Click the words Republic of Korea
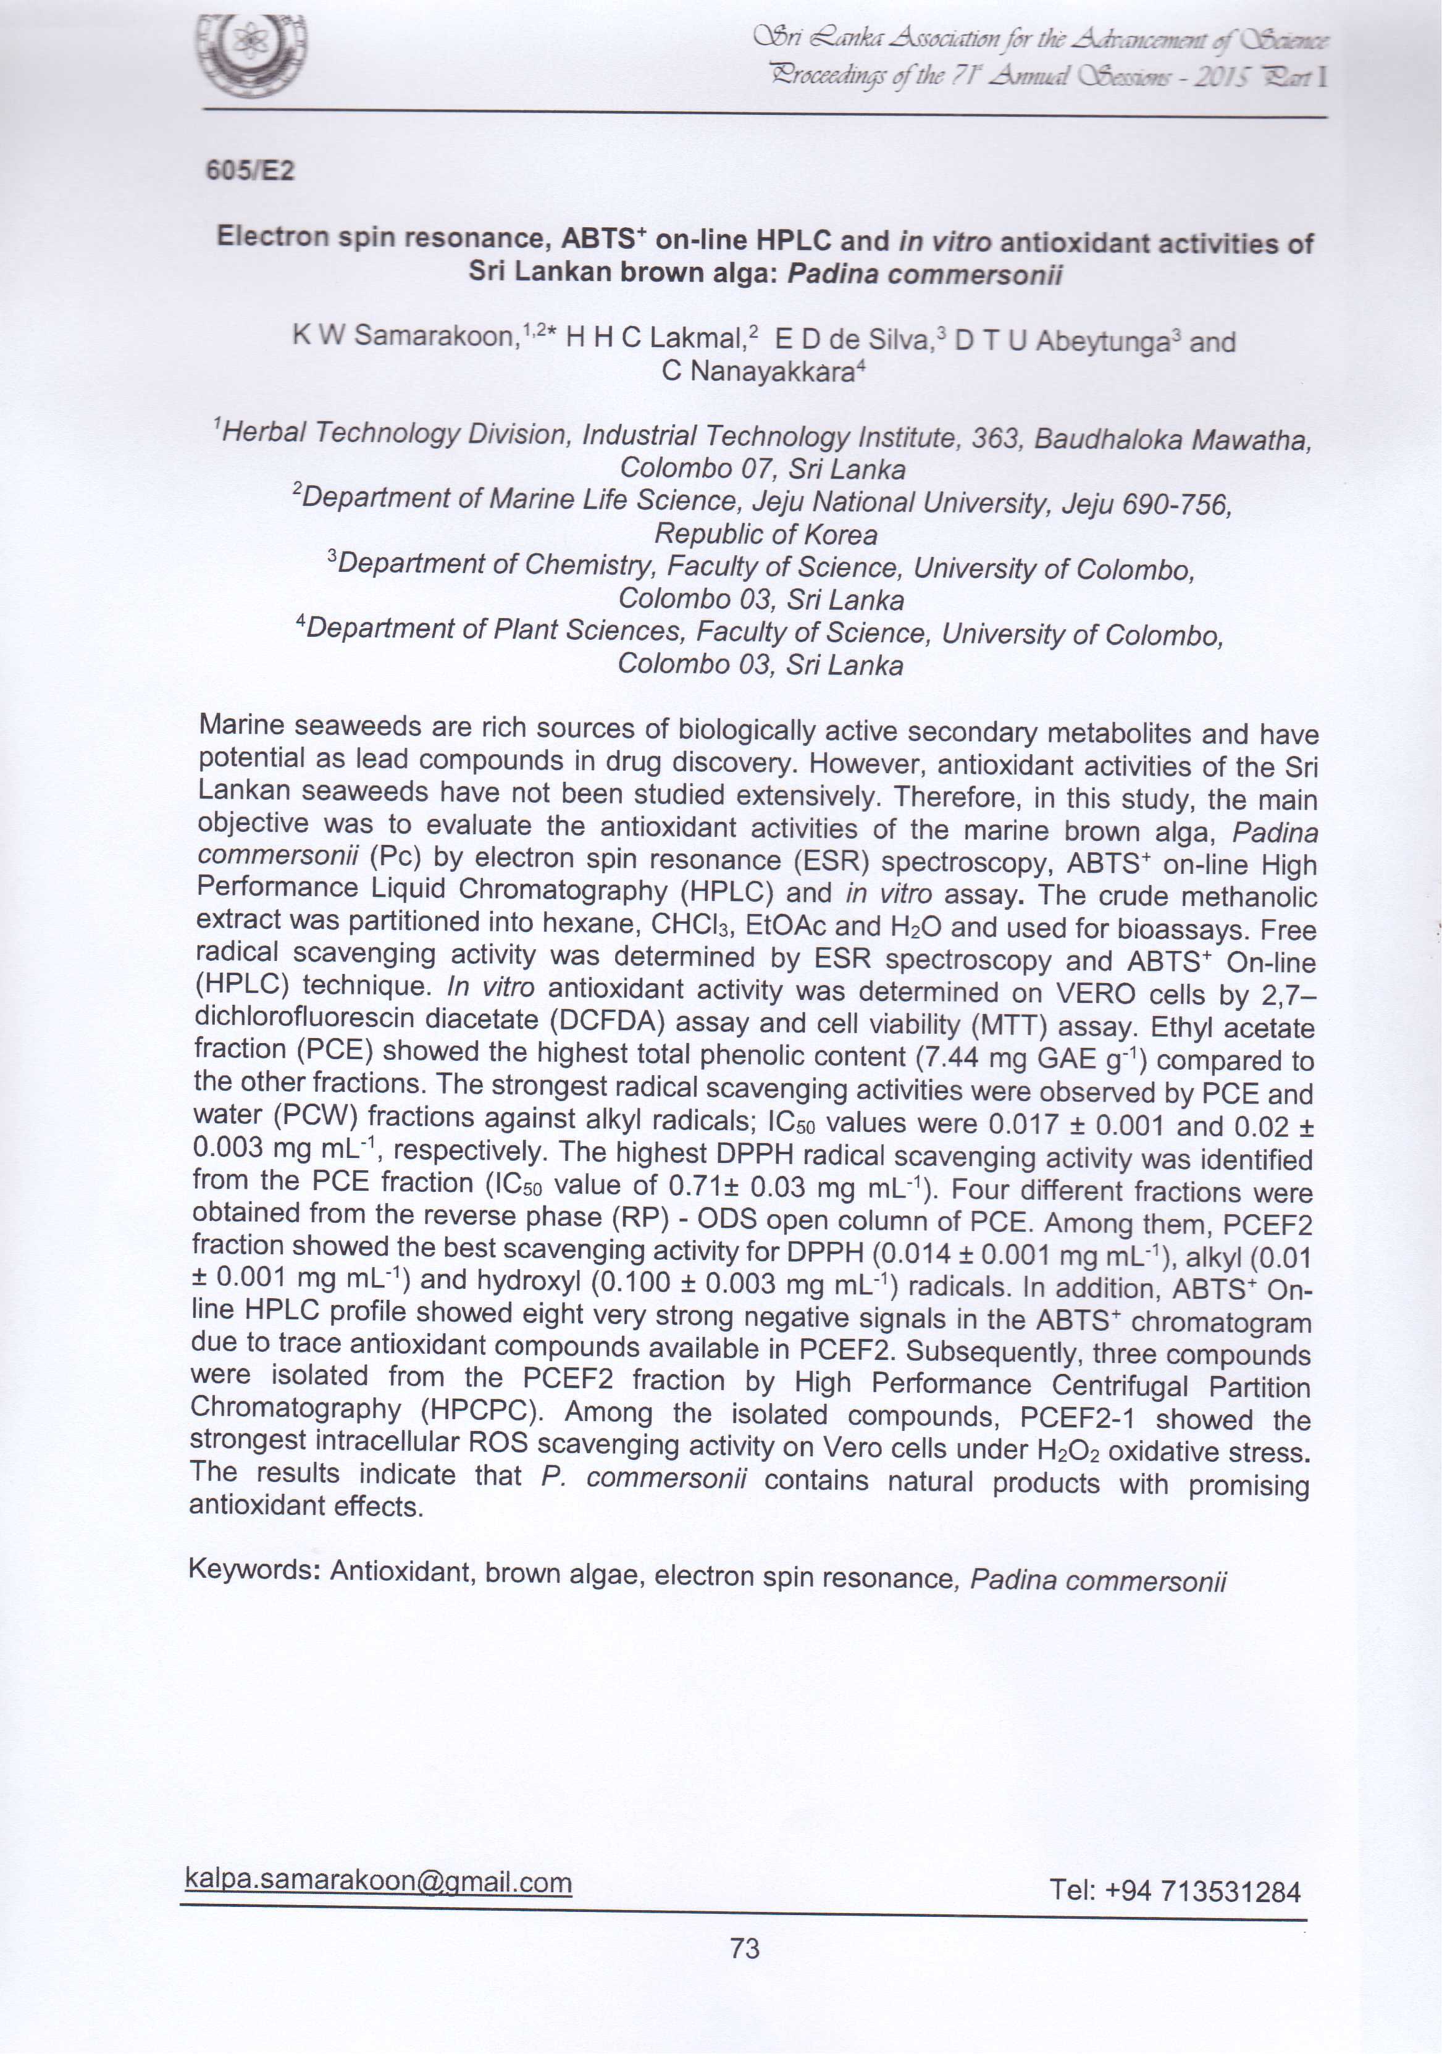pyautogui.click(x=766, y=534)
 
